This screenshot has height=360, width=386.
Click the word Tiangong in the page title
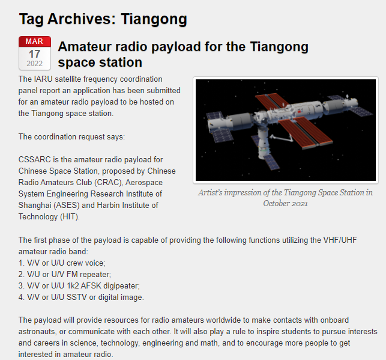tap(154, 19)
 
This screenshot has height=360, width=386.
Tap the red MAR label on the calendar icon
tap(34, 41)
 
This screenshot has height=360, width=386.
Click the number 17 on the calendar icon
tap(34, 54)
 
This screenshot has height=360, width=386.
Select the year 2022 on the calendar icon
tap(34, 64)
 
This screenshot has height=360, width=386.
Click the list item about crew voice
tap(62, 263)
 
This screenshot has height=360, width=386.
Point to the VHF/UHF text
tap(340, 240)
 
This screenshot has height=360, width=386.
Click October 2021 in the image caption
tap(285, 204)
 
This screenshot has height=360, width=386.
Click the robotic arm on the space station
tap(282, 138)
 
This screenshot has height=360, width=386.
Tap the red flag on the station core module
tap(300, 112)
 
